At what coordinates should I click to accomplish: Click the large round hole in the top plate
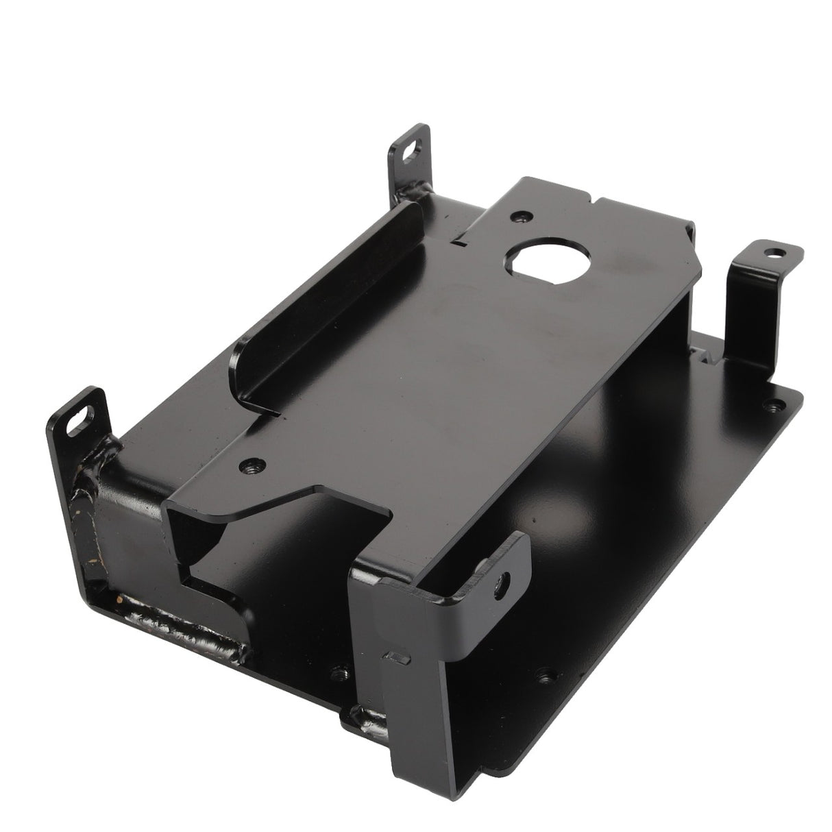(532, 261)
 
